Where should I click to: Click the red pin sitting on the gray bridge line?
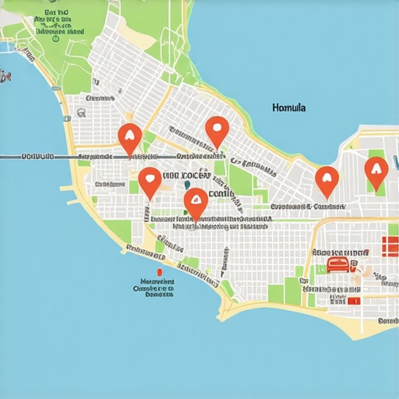click(129, 139)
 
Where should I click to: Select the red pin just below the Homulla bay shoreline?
click(327, 181)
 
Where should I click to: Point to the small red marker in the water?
click(158, 272)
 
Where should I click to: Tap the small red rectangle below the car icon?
click(353, 300)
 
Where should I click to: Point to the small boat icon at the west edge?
click(5, 76)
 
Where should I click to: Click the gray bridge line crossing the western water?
click(39, 158)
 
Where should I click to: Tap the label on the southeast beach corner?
click(387, 320)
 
